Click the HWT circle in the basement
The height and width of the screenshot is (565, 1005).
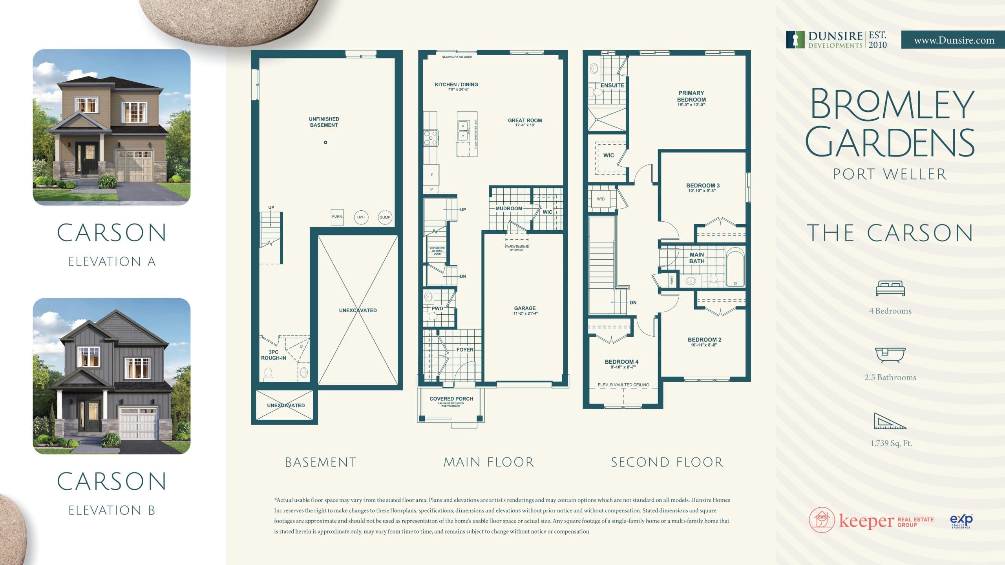point(361,217)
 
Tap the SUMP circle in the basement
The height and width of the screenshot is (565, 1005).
point(385,217)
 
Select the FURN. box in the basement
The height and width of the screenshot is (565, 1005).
point(337,217)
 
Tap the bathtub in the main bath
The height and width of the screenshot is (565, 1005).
point(735,267)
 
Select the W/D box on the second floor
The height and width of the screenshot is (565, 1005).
point(601,199)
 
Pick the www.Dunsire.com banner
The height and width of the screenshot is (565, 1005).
point(953,40)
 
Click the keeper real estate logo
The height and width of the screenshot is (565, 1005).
point(872,520)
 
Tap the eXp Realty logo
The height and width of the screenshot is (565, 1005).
point(961,521)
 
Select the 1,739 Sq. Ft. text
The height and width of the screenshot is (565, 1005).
point(891,443)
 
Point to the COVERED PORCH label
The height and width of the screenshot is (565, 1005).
point(451,399)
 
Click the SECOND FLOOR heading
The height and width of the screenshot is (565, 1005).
point(667,462)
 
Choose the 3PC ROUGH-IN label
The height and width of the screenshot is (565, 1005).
point(273,355)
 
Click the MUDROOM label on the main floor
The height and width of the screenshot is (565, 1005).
point(508,208)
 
